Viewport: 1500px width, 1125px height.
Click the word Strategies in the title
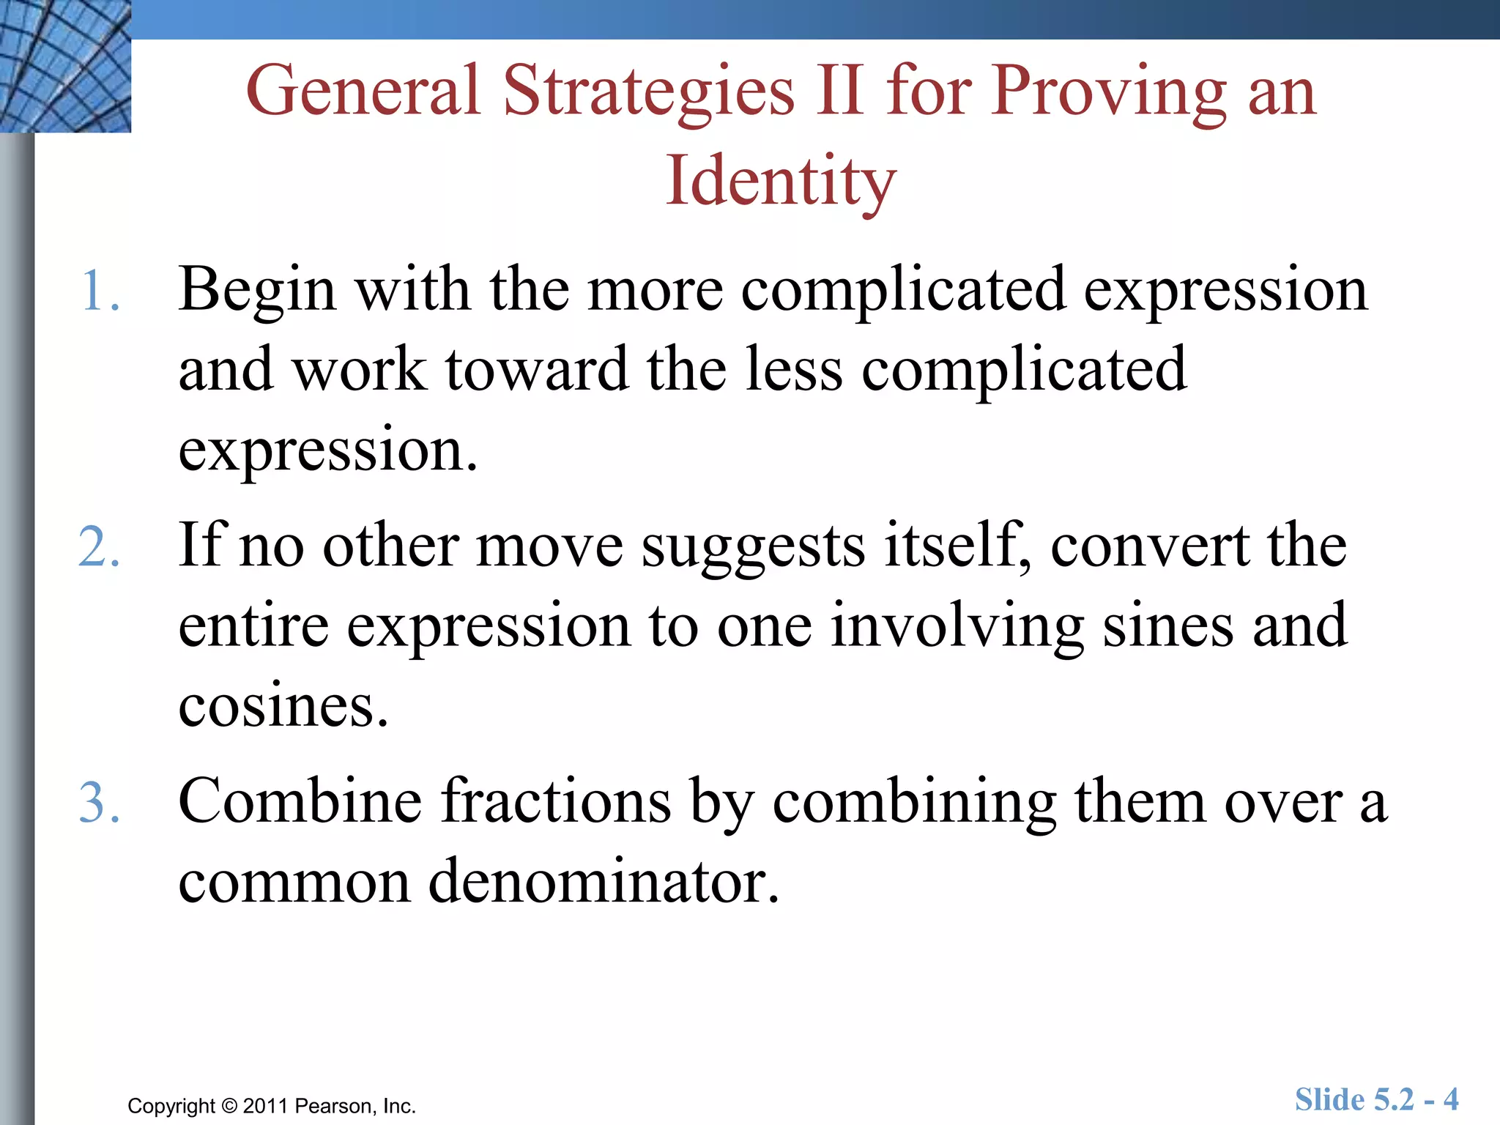(x=649, y=92)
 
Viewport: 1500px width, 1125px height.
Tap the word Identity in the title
(x=781, y=182)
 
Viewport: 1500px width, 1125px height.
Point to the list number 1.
(x=99, y=291)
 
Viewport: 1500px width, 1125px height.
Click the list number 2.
(x=99, y=547)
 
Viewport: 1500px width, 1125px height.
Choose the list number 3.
(x=99, y=803)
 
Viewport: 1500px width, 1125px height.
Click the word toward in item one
(x=536, y=369)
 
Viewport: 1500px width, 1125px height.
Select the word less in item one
(x=794, y=369)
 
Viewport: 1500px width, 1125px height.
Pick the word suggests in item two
(x=753, y=547)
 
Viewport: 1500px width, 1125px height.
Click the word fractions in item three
(x=556, y=801)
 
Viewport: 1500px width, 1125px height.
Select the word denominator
(x=604, y=881)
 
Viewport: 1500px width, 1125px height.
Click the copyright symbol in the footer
(x=229, y=1106)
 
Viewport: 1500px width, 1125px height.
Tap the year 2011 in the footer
(x=265, y=1106)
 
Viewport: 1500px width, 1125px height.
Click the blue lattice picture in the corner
(x=65, y=66)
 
